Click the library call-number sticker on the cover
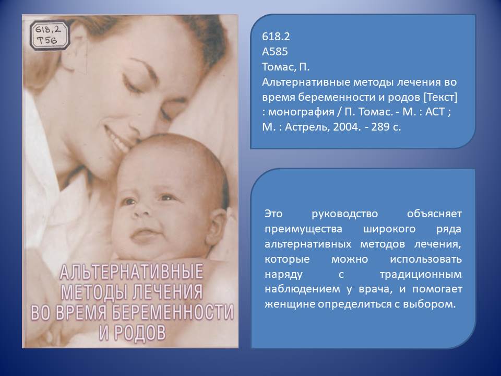point(50,36)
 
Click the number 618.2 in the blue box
point(276,37)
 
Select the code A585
point(275,52)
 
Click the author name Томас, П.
point(285,67)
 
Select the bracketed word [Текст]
point(440,97)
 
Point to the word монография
point(301,112)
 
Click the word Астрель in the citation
point(306,127)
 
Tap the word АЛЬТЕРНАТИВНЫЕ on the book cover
point(132,272)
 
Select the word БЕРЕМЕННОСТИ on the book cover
point(173,312)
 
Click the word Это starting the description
point(273,214)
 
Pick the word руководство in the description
point(344,214)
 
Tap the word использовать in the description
point(426,259)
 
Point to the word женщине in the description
point(290,304)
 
